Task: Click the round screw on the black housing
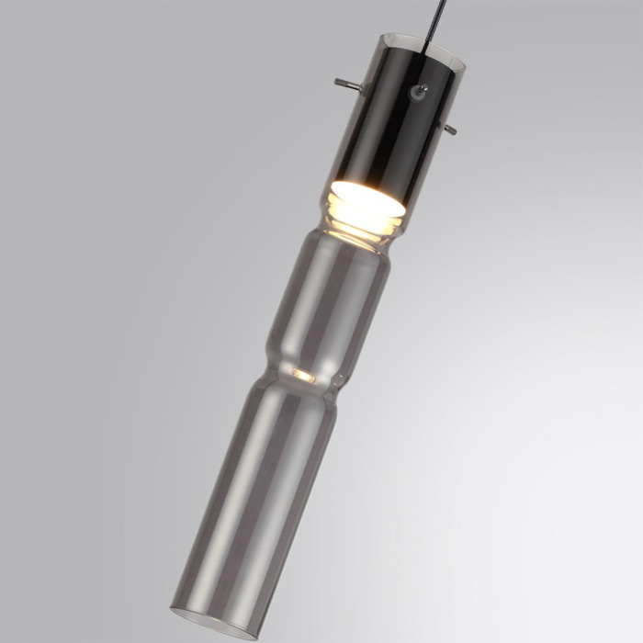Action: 419,92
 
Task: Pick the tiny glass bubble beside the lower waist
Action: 337,379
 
